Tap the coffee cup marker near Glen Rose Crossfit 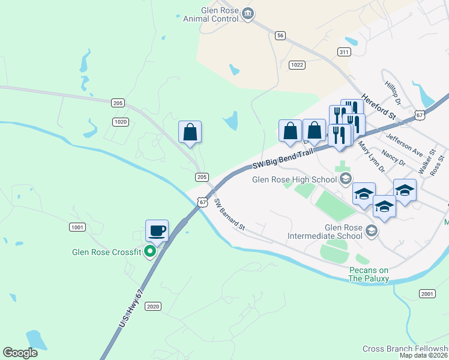[157, 230]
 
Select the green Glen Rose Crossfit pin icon [151, 252]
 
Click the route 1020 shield [121, 122]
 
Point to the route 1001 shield [77, 227]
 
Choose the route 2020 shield [153, 306]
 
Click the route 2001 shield [427, 293]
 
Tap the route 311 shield [344, 52]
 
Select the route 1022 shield [297, 65]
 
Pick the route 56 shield [280, 36]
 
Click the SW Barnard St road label [230, 215]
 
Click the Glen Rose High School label [295, 179]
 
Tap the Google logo [20, 353]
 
